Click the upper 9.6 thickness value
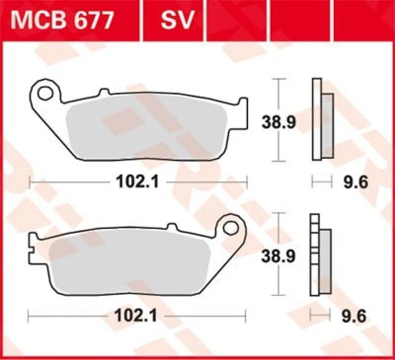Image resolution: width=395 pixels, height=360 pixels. click(355, 183)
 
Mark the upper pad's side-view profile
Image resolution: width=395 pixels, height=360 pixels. click(321, 119)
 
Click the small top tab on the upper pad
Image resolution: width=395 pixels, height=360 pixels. click(104, 92)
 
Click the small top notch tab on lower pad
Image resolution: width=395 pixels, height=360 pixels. click(172, 227)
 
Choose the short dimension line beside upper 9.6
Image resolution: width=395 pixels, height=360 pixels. click(321, 182)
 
